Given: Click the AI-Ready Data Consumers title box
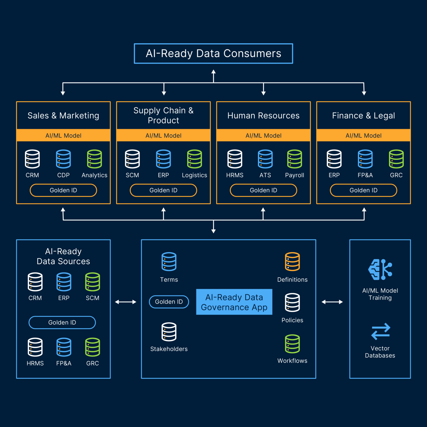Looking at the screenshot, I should point(213,53).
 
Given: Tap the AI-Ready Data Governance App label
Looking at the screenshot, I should point(234,302).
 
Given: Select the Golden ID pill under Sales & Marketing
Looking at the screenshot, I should point(63,190).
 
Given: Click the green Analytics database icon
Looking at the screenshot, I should point(94,159).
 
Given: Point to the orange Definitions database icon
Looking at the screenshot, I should point(292,262).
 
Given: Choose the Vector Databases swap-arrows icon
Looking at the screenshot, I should point(381,331).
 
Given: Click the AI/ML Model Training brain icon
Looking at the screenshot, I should point(380,269).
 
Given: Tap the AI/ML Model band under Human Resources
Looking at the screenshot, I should point(263,135).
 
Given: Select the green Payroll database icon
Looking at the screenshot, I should point(294,159).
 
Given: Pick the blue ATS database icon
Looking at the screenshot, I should point(265,159).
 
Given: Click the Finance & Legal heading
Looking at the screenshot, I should point(363,116).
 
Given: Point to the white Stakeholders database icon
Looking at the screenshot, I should point(169,332).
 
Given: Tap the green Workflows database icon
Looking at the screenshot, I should point(292,344).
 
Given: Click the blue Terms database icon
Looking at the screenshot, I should point(169,262).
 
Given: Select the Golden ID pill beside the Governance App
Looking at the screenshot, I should point(169,302).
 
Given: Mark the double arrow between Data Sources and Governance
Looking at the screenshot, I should point(126,302).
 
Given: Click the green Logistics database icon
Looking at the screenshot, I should point(194,159).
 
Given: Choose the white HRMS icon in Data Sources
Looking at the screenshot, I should point(35,347).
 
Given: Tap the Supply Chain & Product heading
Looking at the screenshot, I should point(163,115).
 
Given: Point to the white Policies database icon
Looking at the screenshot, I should point(292,302).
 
